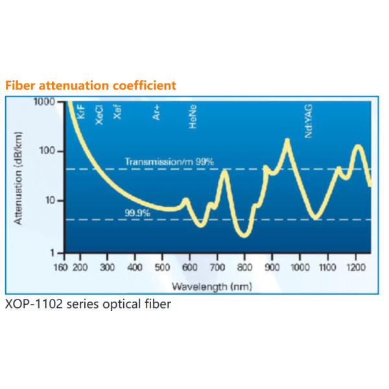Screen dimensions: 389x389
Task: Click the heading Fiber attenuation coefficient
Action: point(91,86)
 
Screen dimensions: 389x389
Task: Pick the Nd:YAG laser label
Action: point(309,121)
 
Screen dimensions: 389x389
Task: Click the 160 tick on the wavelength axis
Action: point(60,267)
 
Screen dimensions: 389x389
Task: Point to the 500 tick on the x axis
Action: point(162,267)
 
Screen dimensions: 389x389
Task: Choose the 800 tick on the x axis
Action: point(244,267)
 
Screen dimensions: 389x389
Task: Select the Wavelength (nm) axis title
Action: point(211,286)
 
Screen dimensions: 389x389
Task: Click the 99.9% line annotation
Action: point(138,213)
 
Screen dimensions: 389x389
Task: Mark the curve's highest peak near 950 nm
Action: point(287,141)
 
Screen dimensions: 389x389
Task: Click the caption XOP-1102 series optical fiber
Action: point(88,303)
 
